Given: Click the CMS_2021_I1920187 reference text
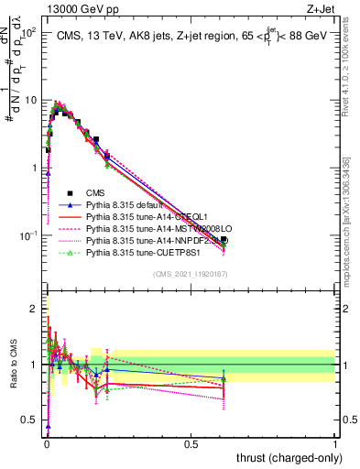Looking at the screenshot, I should tap(191, 274).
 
